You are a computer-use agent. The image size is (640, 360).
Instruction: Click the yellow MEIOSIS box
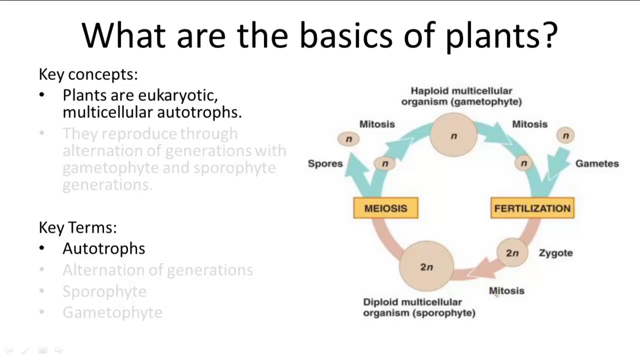click(x=385, y=208)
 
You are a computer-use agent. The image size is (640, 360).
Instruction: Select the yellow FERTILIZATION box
click(x=532, y=208)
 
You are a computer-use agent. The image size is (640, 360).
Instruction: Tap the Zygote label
click(x=555, y=253)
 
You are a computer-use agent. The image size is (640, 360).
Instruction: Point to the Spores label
click(x=325, y=163)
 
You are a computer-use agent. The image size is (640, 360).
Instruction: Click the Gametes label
click(x=596, y=163)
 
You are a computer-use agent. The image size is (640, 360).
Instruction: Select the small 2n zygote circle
click(x=512, y=253)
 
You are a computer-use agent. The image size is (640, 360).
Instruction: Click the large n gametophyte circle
click(x=453, y=136)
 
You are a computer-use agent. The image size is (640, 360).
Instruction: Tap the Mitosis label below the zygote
click(x=506, y=291)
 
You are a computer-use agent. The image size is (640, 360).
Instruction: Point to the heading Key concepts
click(x=88, y=74)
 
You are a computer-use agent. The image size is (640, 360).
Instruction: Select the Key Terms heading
click(x=77, y=227)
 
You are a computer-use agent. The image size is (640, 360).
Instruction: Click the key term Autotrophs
click(x=103, y=248)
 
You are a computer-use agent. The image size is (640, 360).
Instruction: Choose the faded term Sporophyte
click(x=104, y=291)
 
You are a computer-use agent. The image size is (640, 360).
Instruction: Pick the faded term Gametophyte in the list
click(x=112, y=312)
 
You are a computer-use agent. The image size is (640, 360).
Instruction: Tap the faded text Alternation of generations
click(x=157, y=270)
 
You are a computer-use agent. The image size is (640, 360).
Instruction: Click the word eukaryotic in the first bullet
click(x=177, y=95)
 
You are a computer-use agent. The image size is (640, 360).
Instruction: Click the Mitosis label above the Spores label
click(x=376, y=124)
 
